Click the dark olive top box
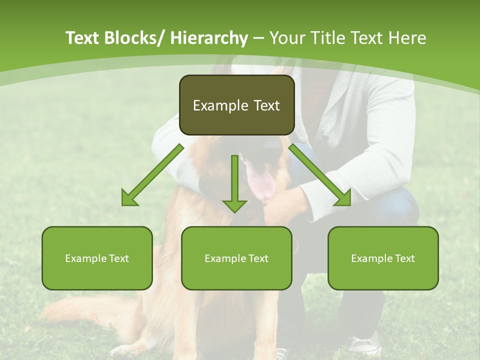click(236, 105)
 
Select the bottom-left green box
click(97, 258)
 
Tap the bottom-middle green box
click(236, 258)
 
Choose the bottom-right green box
click(383, 258)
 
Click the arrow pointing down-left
click(152, 175)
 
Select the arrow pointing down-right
click(319, 175)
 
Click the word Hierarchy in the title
click(209, 38)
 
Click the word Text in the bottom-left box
click(119, 258)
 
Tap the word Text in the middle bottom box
click(258, 258)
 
